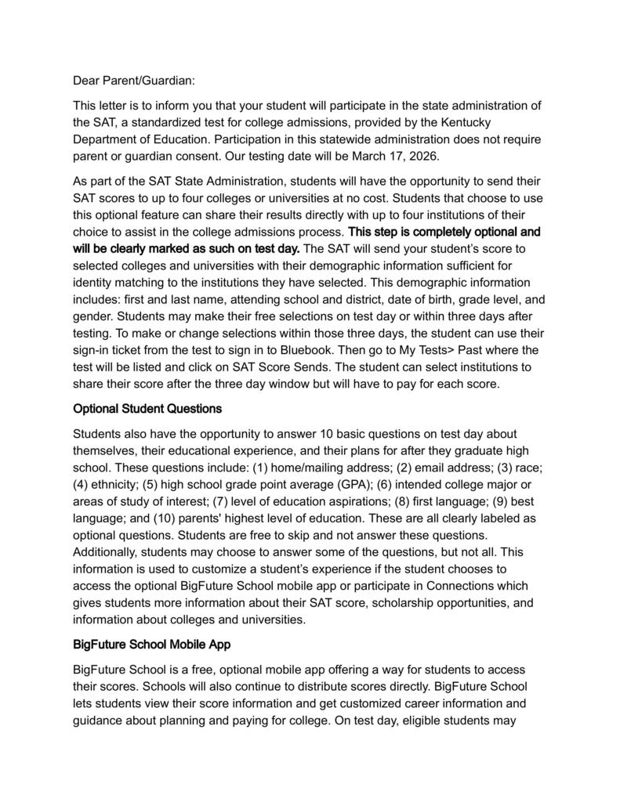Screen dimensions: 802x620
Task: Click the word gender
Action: click(x=93, y=316)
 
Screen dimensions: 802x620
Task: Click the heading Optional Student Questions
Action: click(x=147, y=408)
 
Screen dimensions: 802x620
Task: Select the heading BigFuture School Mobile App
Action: click(x=151, y=645)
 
